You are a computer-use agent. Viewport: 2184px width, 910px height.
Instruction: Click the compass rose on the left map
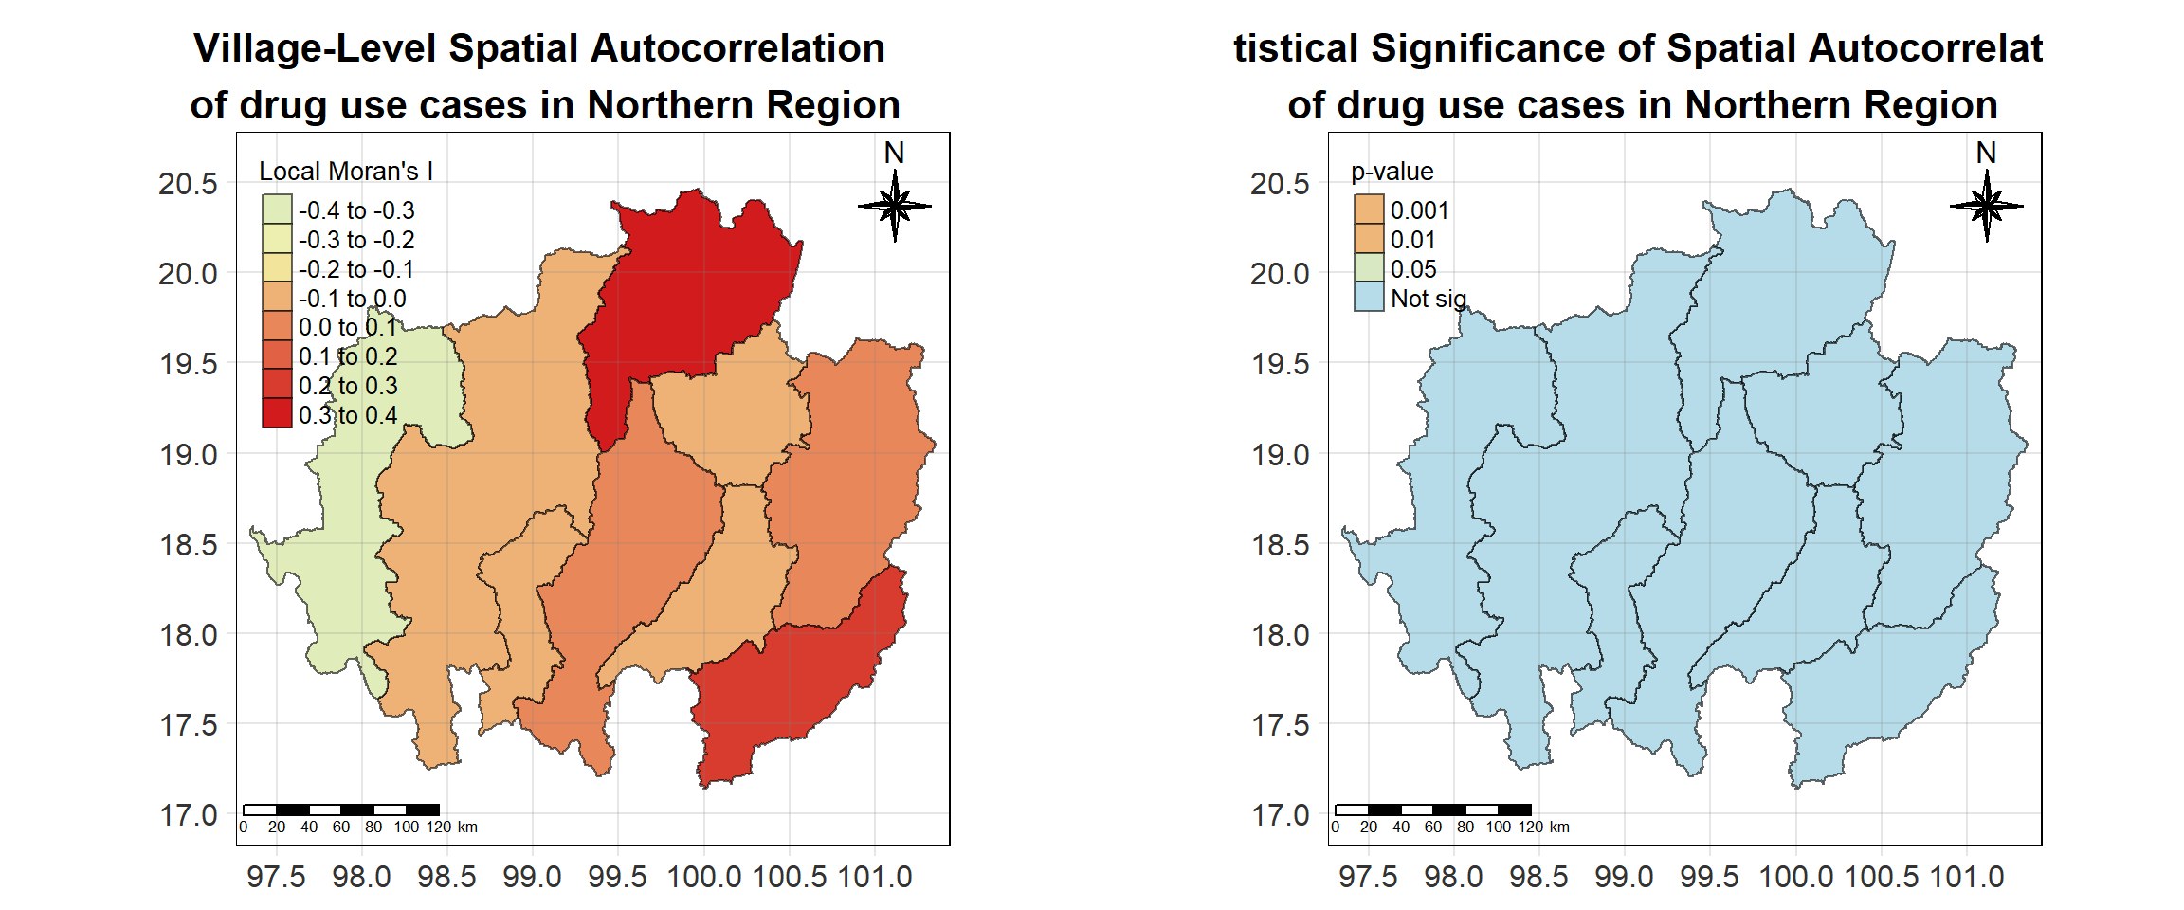point(894,205)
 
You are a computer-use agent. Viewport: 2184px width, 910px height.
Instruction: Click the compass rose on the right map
point(1986,205)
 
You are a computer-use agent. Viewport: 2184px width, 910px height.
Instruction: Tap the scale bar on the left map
point(341,810)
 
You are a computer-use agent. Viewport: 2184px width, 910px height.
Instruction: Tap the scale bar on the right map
point(1433,810)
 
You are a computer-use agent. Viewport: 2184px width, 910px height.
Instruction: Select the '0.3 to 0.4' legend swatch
point(277,413)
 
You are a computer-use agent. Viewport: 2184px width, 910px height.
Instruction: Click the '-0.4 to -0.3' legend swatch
point(277,209)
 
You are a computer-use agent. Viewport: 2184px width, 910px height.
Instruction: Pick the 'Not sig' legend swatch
point(1369,297)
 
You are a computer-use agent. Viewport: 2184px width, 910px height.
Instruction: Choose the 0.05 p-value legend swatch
point(1369,268)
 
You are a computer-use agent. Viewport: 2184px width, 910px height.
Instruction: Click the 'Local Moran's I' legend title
point(346,172)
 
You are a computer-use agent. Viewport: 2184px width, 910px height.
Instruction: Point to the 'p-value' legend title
point(1392,172)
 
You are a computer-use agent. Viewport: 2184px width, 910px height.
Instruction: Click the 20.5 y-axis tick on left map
point(188,183)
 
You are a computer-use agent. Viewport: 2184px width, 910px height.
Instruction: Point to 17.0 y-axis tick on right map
point(1280,815)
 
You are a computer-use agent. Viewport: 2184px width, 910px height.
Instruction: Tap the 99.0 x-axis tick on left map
point(532,877)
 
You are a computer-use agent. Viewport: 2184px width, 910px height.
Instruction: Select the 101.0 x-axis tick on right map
point(1967,877)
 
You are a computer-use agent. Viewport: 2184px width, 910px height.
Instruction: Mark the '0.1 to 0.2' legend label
point(348,356)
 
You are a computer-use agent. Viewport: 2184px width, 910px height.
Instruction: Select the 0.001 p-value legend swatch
point(1369,209)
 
